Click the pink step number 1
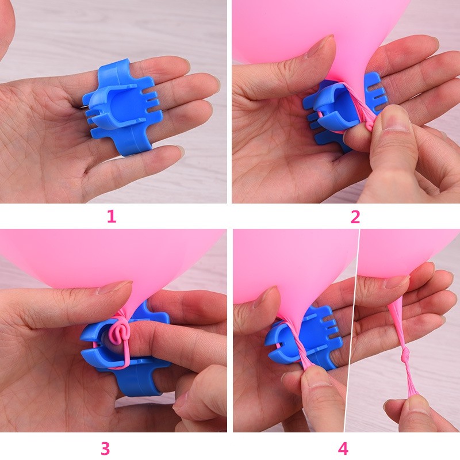click(x=112, y=217)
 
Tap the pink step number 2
click(x=355, y=217)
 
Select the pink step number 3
click(x=105, y=448)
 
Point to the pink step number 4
click(x=343, y=448)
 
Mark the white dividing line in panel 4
click(x=351, y=330)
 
